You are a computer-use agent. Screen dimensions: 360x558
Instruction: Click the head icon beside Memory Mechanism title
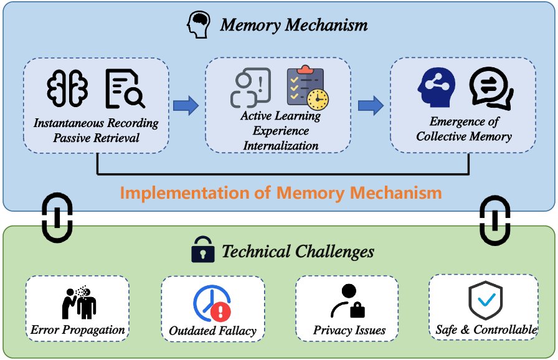(x=199, y=24)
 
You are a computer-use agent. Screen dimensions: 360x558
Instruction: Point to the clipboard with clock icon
(x=307, y=88)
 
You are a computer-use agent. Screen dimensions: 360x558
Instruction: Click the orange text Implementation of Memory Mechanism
(x=280, y=192)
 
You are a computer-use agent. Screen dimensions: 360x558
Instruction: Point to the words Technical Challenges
(x=298, y=252)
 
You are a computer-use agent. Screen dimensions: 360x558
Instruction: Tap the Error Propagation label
(x=78, y=330)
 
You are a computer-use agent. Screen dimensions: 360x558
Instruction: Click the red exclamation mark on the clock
(x=220, y=311)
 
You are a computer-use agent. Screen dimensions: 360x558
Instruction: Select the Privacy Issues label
(x=349, y=330)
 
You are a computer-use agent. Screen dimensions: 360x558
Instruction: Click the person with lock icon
(x=348, y=301)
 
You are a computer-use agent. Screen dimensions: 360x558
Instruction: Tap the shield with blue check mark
(x=485, y=299)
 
